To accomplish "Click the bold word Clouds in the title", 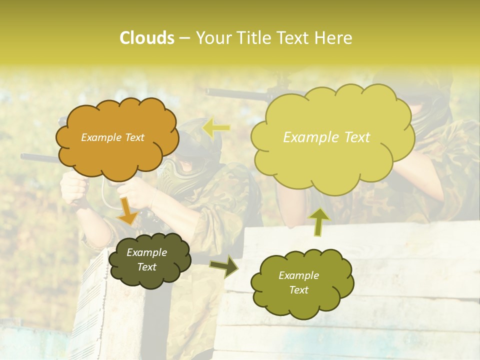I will [x=146, y=38].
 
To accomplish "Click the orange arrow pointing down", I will [x=127, y=210].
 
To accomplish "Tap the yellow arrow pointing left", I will [x=216, y=128].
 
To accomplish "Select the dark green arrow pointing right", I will [x=224, y=266].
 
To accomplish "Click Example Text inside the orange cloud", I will [x=112, y=137].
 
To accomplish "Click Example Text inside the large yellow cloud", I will [x=326, y=137].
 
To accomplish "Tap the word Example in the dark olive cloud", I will [x=146, y=252].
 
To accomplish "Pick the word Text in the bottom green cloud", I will [x=298, y=290].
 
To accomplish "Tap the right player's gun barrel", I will [x=235, y=93].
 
